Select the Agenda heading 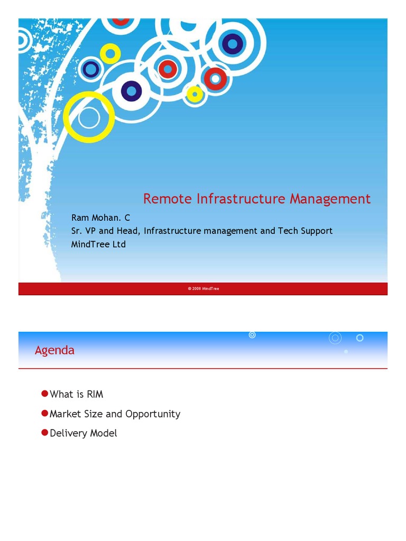click(54, 350)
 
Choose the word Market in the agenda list click(65, 414)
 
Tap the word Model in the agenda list click(104, 433)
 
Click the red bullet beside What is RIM click(44, 394)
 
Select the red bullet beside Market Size click(44, 413)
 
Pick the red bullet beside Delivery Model click(44, 433)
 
